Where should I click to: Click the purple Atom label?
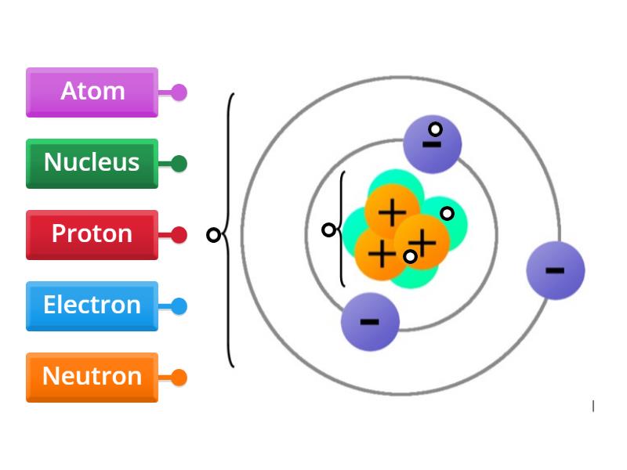click(x=92, y=92)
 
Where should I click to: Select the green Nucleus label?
click(x=92, y=163)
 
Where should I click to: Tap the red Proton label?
click(x=92, y=234)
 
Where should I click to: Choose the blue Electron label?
click(x=92, y=305)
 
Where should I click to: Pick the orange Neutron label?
click(x=92, y=377)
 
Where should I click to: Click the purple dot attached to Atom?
click(x=179, y=92)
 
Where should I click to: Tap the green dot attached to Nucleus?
click(x=179, y=164)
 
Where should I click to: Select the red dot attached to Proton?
click(x=179, y=235)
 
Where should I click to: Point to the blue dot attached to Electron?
click(x=179, y=306)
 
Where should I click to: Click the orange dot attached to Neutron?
click(x=179, y=378)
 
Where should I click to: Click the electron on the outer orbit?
click(x=556, y=270)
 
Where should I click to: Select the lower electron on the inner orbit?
click(x=370, y=321)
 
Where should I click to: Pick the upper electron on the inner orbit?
click(x=432, y=145)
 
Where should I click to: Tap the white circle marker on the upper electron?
click(x=435, y=128)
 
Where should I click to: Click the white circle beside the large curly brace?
click(x=212, y=235)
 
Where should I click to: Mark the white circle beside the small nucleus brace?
click(x=328, y=230)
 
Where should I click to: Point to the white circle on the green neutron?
click(x=447, y=213)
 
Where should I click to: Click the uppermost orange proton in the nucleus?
click(x=392, y=211)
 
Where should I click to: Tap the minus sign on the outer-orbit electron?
click(x=555, y=271)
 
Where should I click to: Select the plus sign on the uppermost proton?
click(x=392, y=211)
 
